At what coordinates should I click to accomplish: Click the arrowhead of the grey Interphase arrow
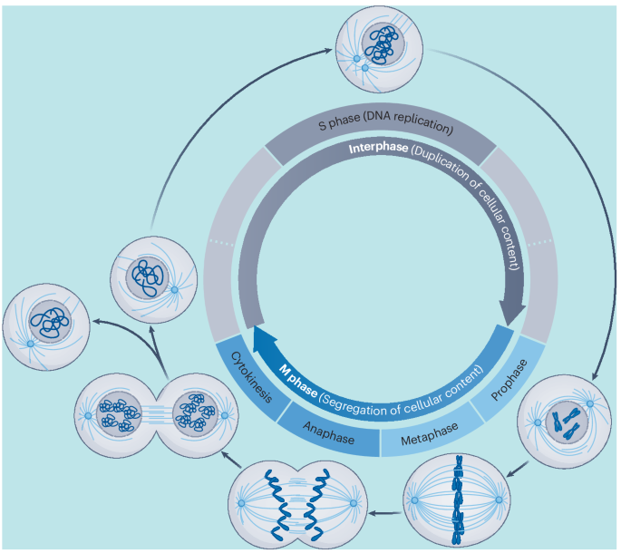[512, 316]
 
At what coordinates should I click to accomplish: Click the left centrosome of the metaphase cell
[414, 500]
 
